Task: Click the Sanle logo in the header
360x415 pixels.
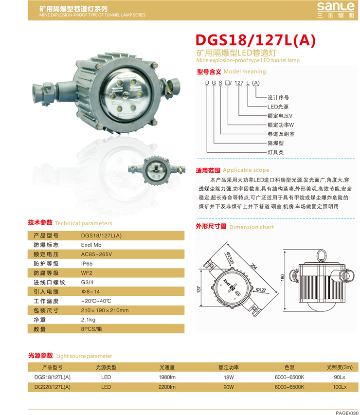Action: tap(336, 10)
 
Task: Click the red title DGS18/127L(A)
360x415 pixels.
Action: tap(255, 40)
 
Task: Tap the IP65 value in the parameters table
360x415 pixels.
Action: tap(87, 264)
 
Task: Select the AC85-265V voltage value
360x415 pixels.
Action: tap(96, 254)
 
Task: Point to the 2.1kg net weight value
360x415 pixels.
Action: tap(88, 320)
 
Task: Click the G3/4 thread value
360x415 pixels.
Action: tap(87, 282)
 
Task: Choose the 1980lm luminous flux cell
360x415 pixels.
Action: tap(167, 377)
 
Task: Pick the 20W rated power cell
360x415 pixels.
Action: tap(229, 387)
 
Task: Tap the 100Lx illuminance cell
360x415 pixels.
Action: tap(340, 387)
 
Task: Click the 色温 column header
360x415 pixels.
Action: tap(289, 367)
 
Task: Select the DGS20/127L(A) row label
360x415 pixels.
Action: tap(53, 387)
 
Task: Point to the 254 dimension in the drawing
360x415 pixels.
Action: tap(253, 266)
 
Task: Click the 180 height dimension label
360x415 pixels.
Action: tap(283, 278)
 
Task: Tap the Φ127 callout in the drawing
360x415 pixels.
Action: tap(261, 290)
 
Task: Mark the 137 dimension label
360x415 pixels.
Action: tap(199, 289)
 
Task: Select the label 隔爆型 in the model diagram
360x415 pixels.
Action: tap(275, 143)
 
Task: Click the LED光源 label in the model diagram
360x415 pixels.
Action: tap(278, 107)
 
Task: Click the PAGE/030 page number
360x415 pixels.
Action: tap(347, 413)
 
